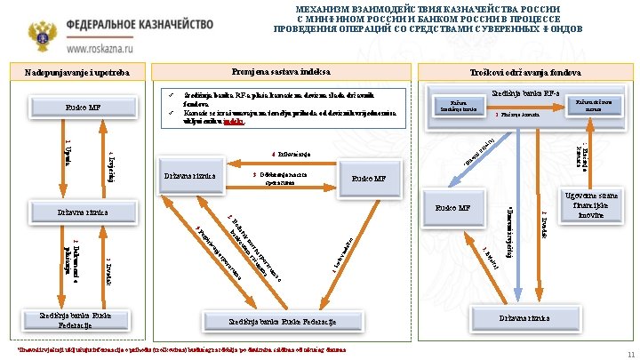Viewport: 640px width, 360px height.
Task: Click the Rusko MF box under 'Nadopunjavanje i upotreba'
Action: point(81,108)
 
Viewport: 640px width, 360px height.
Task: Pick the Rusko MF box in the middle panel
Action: point(366,179)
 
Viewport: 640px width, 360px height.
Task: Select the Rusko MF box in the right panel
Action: point(453,210)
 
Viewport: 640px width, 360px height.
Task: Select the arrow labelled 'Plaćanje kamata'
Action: point(521,116)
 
